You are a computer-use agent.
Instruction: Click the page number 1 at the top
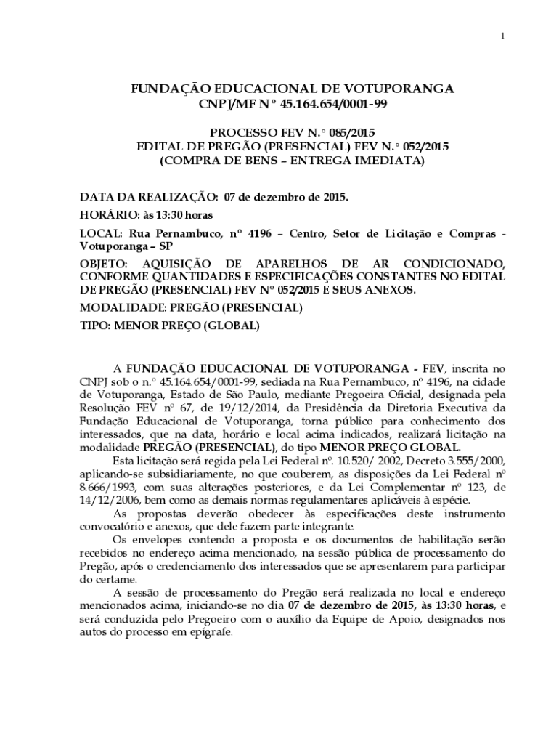pyautogui.click(x=502, y=36)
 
